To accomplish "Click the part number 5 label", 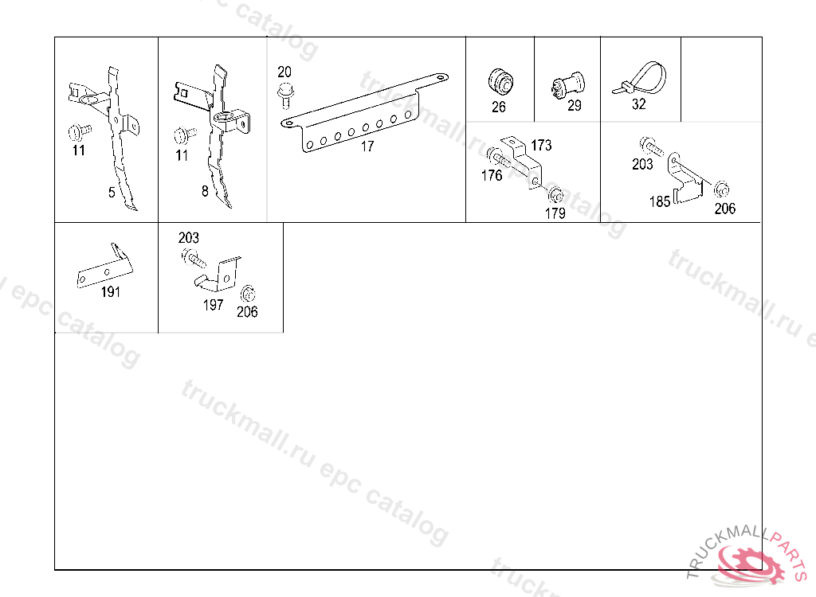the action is point(112,193).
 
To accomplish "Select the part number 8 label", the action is point(205,191).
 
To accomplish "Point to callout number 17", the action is point(367,146).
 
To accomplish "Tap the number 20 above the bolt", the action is point(284,72).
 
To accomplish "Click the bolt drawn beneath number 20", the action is point(285,96).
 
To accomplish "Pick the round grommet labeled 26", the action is point(500,82).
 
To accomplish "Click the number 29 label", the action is point(574,106).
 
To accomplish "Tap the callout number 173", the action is point(541,145).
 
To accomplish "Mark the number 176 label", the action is point(492,175).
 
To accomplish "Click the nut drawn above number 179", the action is point(555,196).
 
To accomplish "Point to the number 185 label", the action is point(659,201).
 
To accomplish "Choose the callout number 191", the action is point(110,292).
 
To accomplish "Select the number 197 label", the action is point(213,305).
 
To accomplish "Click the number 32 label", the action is point(638,104).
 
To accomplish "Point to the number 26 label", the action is point(499,107).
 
